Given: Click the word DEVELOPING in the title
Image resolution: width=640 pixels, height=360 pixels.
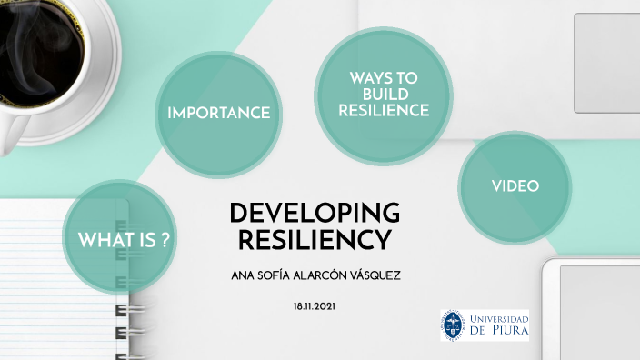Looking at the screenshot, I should click(x=315, y=214).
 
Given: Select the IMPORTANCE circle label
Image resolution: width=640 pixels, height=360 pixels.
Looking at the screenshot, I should click(x=218, y=113).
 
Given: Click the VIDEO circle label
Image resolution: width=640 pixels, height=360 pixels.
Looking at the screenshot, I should click(x=515, y=185).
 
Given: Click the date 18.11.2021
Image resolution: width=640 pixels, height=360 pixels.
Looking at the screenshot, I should click(x=314, y=308).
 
